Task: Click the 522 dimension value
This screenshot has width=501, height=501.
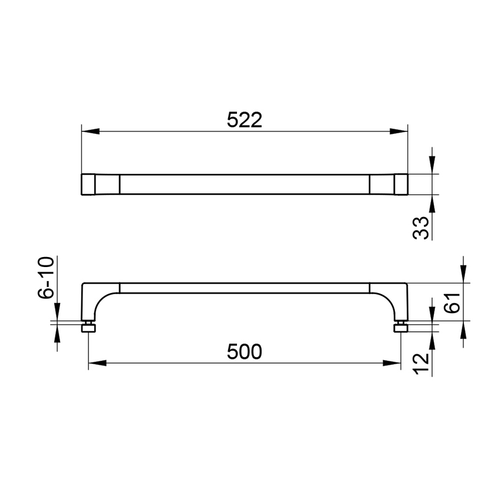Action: click(244, 120)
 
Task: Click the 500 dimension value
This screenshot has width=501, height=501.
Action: click(244, 352)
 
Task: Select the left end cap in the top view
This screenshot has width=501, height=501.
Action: click(88, 184)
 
